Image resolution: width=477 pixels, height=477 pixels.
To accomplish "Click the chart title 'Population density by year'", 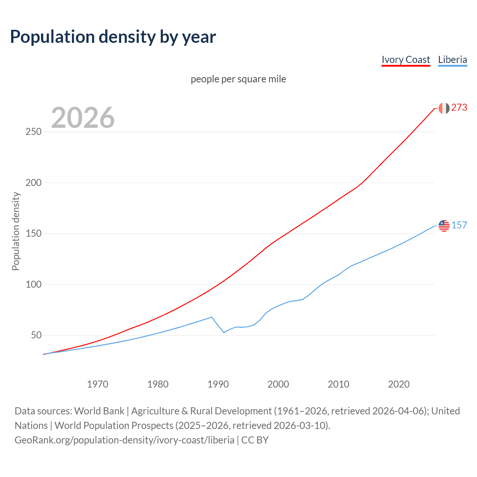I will pos(113,37).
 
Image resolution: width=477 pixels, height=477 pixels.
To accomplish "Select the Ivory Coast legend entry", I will pos(406,60).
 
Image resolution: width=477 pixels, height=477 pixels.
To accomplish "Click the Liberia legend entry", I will pos(452,60).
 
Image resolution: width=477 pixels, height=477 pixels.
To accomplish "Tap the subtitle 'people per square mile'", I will pos(238,79).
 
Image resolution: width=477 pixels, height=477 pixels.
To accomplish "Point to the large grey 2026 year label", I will pos(83,118).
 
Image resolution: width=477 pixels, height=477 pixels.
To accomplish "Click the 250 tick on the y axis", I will pos(34,132).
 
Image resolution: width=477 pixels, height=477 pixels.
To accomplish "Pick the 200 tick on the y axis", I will pos(34,183).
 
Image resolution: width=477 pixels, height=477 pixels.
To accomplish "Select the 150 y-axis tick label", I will pos(34,234).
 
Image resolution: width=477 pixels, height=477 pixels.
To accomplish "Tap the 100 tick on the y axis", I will pos(34,284).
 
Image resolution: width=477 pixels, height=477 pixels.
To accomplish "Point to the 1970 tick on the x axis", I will pos(98,384).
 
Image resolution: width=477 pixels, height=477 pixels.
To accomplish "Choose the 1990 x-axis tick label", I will pos(218,384).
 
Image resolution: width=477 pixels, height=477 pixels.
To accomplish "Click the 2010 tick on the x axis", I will pos(338,384).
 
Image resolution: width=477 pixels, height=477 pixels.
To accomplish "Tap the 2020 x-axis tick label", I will pos(399,384).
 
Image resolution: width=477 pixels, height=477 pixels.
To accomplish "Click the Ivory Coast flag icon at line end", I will pos(444,108).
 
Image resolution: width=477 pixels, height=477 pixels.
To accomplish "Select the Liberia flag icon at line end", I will pos(444,225).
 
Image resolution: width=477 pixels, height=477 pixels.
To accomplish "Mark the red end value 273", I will pos(459,108).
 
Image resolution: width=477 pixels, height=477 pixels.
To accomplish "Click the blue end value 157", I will pos(459,225).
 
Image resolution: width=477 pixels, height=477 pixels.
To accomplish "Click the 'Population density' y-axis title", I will pos(16,231).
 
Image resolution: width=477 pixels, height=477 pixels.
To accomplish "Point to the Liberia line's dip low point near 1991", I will pos(224,332).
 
